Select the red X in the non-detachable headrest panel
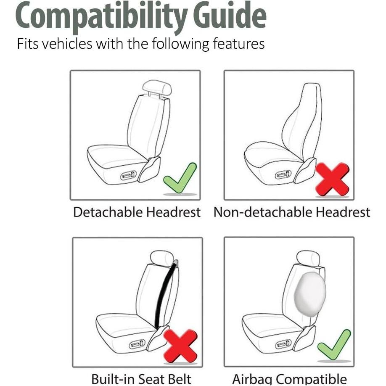coord(332,179)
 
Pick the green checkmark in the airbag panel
coord(334,345)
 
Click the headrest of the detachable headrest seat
coord(156,88)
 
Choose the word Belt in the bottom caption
coord(178,379)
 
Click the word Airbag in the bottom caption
coord(252,379)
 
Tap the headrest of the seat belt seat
coord(161,257)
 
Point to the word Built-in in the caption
coord(112,379)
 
